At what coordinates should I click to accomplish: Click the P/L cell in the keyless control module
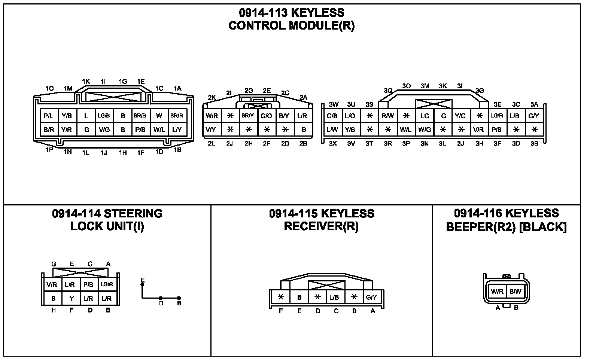coord(49,116)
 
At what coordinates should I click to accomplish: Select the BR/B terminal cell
coord(140,116)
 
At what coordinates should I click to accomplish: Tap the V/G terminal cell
coord(104,130)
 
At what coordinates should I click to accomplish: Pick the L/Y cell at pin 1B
coord(177,130)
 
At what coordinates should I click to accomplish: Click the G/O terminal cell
coord(266,116)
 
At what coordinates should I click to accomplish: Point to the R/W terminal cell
coord(388,116)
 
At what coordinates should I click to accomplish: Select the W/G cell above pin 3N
coord(425,130)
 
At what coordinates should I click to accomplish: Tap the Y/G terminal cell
coord(460,116)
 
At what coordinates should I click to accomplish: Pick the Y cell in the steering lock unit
coord(71,299)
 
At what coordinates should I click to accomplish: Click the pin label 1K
coord(86,82)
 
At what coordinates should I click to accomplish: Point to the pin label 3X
coord(333,143)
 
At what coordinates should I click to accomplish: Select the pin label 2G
coord(249,91)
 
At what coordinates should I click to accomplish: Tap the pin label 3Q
coord(388,91)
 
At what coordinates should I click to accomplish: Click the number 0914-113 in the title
coord(263,13)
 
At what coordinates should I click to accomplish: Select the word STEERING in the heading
coord(133,214)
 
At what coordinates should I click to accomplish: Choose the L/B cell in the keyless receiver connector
coord(334,298)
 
